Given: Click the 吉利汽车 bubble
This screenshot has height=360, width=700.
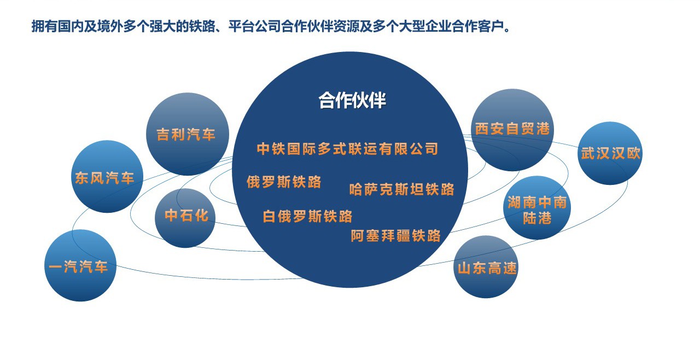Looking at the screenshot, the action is (x=188, y=134).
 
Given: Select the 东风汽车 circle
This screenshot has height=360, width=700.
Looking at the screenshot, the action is (x=107, y=177).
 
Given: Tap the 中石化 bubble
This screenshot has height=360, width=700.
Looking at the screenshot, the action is (x=185, y=218).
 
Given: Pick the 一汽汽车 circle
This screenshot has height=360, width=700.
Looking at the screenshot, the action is (x=80, y=266).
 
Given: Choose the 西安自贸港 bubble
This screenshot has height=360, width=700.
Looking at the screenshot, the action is (x=512, y=130).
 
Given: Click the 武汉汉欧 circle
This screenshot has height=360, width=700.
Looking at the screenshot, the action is (x=610, y=153).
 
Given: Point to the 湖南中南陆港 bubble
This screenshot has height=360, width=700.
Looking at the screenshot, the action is (x=537, y=208).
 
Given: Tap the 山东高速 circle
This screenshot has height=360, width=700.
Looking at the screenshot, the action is (x=486, y=267).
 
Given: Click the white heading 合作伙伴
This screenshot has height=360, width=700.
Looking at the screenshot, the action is (x=353, y=100).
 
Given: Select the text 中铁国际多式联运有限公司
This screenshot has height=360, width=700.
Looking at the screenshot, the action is (x=348, y=149).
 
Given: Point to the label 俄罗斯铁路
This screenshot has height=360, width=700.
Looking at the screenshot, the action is (x=284, y=182).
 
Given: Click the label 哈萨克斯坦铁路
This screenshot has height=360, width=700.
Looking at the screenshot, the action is (x=402, y=189).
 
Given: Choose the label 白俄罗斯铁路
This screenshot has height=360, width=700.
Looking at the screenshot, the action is (x=308, y=216).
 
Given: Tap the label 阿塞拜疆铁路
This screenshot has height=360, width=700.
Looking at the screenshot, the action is (x=396, y=236).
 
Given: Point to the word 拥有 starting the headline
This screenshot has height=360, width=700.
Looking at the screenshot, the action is (x=45, y=26).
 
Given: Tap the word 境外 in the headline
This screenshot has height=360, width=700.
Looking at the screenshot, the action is (x=110, y=26).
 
